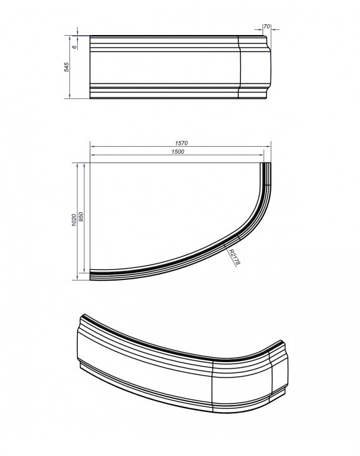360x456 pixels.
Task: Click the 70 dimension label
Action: coord(266,26)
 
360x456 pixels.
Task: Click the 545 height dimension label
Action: coord(67,67)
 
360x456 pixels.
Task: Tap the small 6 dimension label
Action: coord(74,47)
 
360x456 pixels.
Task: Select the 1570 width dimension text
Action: coord(182,143)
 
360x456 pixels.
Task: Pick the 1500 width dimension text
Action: coord(178,152)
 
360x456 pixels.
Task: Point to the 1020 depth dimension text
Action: coord(74,221)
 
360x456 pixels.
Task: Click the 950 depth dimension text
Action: coord(81,217)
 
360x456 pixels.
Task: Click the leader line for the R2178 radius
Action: coord(230,255)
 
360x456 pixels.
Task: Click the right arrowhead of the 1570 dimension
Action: coord(269,147)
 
